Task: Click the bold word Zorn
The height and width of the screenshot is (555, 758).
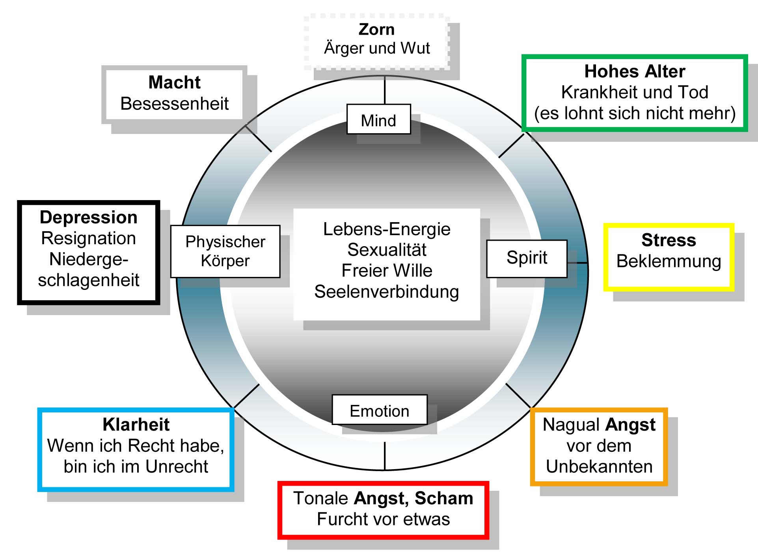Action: pyautogui.click(x=376, y=30)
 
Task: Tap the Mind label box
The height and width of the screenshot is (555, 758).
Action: pyautogui.click(x=378, y=120)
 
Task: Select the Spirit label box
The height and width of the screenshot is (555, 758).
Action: pyautogui.click(x=527, y=258)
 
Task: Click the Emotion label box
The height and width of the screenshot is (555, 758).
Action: pyautogui.click(x=379, y=410)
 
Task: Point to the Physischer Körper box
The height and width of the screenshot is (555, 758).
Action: pyautogui.click(x=225, y=251)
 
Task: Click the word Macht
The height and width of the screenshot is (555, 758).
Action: pyautogui.click(x=174, y=82)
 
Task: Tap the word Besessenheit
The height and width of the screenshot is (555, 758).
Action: pyautogui.click(x=174, y=104)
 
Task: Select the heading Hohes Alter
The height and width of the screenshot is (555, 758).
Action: pyautogui.click(x=635, y=72)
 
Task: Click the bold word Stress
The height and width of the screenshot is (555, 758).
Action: pyautogui.click(x=669, y=240)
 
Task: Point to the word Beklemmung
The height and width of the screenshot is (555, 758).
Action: pyautogui.click(x=669, y=261)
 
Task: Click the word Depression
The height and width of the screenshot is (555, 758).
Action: pyautogui.click(x=89, y=217)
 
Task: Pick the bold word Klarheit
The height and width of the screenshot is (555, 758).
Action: pyautogui.click(x=136, y=425)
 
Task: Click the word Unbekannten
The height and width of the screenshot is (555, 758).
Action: pyautogui.click(x=599, y=467)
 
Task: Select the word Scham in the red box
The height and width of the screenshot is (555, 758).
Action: pyautogui.click(x=443, y=498)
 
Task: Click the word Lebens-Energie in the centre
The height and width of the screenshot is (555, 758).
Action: pyautogui.click(x=387, y=229)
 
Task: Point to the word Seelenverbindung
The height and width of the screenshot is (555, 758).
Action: pyautogui.click(x=387, y=292)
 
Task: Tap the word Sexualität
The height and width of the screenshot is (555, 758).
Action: pyautogui.click(x=387, y=250)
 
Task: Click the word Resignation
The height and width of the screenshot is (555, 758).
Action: pyautogui.click(x=89, y=238)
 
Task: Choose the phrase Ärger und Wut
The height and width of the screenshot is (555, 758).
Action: pyautogui.click(x=377, y=48)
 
